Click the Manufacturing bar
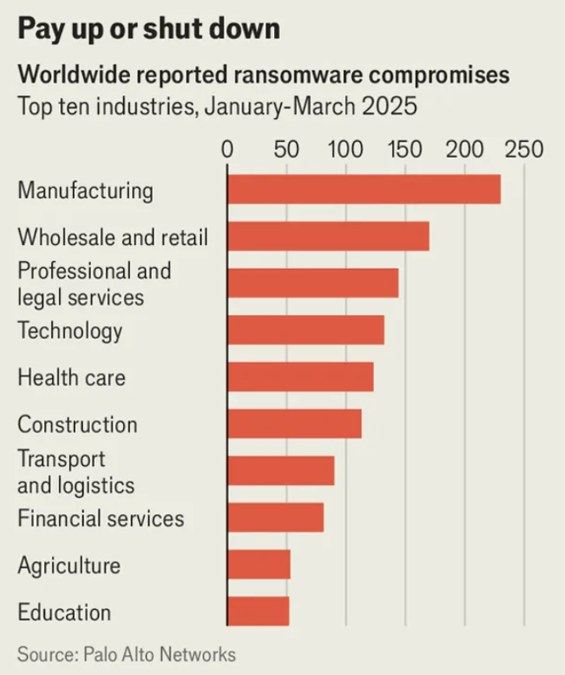pos(364,189)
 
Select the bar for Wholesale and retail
pos(328,236)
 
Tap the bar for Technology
pos(305,330)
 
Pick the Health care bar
pos(300,377)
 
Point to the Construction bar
pos(294,423)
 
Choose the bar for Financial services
pos(276,517)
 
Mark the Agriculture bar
pos(259,565)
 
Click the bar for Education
pos(258,611)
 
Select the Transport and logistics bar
pos(281,471)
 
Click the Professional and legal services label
pos(94,283)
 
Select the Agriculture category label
pos(69,566)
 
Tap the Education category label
pos(64,612)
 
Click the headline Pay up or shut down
pos(148,30)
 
